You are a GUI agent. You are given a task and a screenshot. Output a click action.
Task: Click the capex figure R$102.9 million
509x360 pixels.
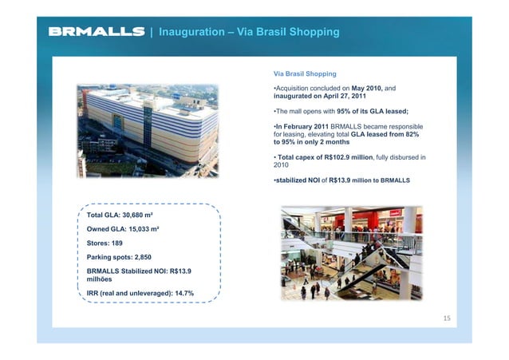click(x=360, y=156)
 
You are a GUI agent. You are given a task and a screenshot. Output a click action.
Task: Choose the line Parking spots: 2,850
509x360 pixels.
click(x=118, y=257)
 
